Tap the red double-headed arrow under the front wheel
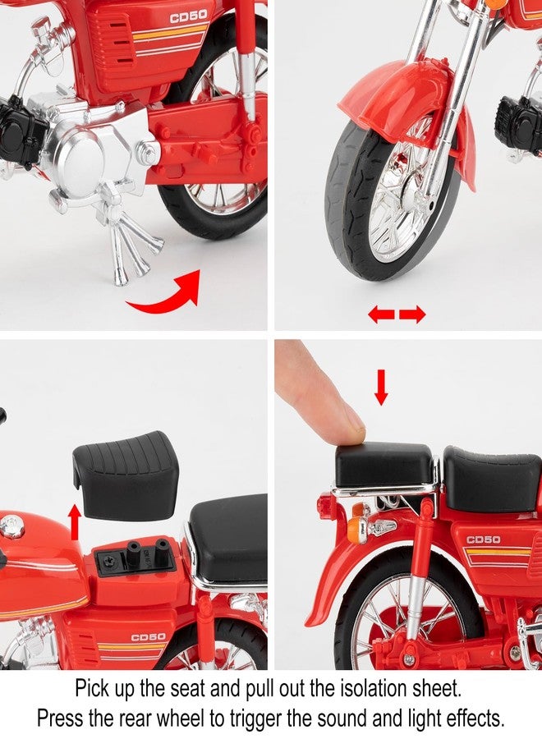(x=397, y=314)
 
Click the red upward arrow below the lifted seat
(x=75, y=521)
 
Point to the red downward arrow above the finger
(x=381, y=386)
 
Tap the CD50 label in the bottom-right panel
(x=484, y=539)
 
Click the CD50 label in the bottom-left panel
(x=148, y=636)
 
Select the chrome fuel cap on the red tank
(x=11, y=526)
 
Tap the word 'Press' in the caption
(x=62, y=718)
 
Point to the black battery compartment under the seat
(x=137, y=558)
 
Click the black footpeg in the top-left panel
(x=20, y=132)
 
